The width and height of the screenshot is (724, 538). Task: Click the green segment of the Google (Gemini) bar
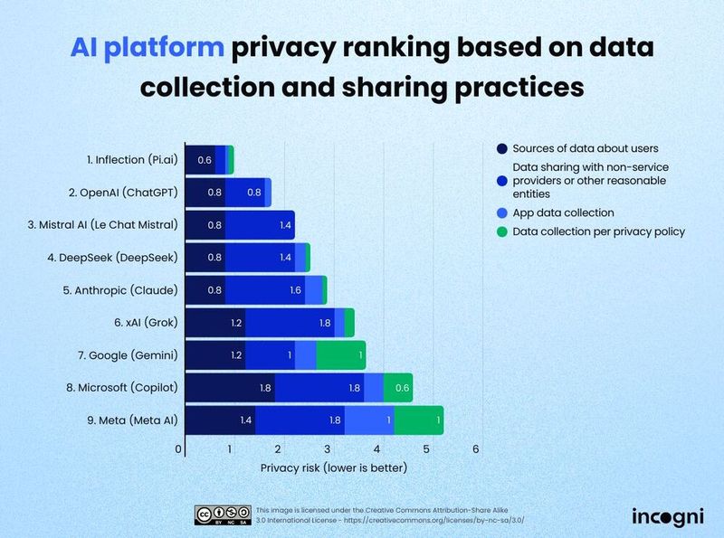click(340, 355)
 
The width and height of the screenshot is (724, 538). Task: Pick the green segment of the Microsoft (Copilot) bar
click(398, 388)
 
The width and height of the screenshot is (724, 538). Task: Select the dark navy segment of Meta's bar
click(220, 420)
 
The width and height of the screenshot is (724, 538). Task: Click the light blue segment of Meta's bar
click(369, 420)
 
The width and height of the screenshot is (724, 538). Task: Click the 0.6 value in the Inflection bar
click(205, 159)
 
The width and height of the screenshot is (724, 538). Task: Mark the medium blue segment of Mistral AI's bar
click(260, 224)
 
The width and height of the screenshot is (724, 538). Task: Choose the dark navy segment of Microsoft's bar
click(230, 388)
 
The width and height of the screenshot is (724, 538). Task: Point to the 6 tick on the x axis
click(476, 449)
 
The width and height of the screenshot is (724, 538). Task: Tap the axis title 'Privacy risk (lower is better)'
click(333, 467)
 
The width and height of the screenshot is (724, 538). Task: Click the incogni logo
click(665, 515)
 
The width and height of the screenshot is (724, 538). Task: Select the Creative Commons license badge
click(223, 515)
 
